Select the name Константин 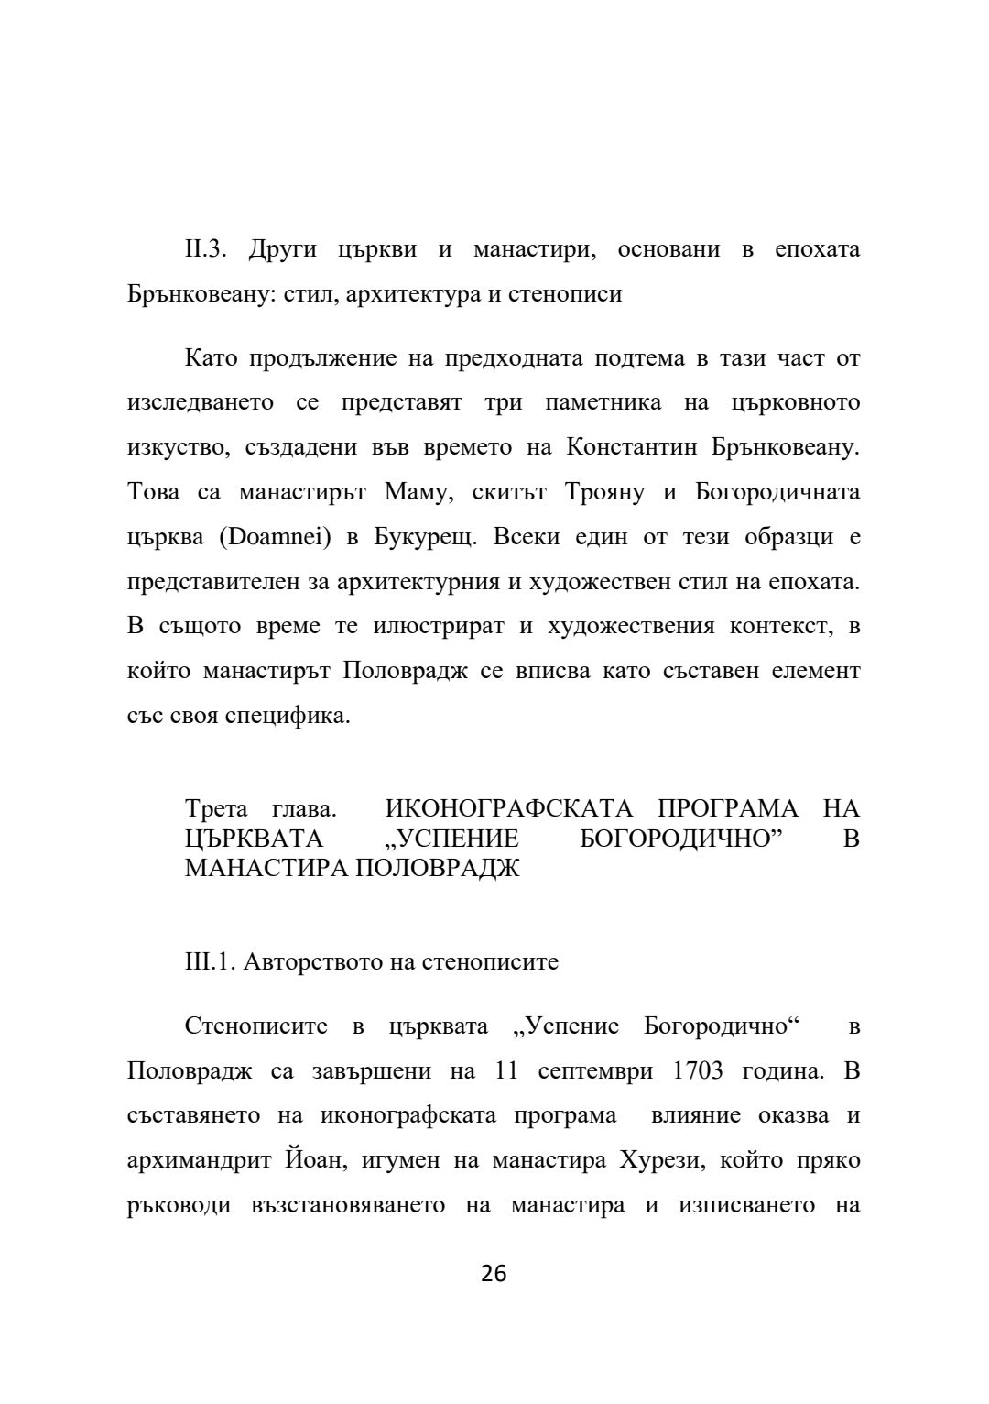point(625,447)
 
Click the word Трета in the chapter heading point(216,809)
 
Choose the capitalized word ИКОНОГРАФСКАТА point(509,809)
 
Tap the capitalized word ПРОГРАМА point(728,809)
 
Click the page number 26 point(494,1274)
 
